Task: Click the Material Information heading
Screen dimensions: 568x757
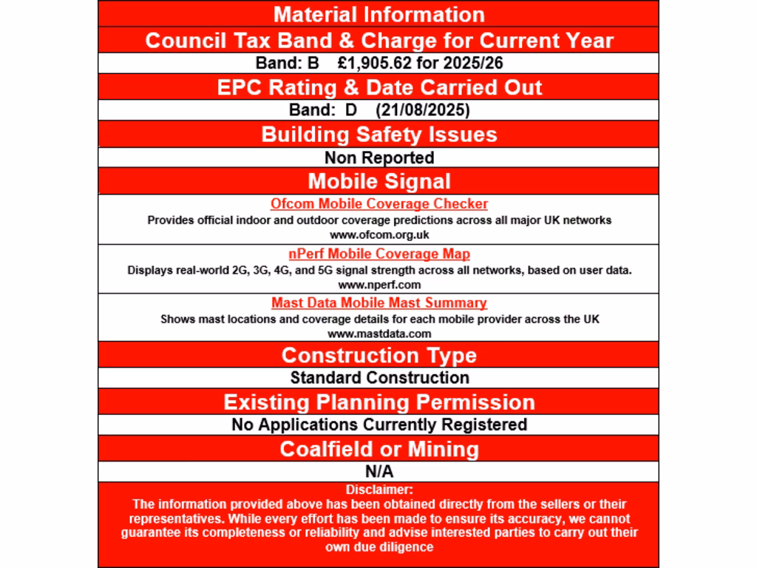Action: pos(378,14)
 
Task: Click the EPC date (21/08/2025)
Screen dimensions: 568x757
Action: pos(423,110)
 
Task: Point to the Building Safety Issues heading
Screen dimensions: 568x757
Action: pos(378,135)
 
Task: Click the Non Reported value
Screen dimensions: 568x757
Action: pos(378,158)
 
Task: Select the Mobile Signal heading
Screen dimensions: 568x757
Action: pos(378,181)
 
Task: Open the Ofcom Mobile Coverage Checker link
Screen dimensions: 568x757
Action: pos(378,204)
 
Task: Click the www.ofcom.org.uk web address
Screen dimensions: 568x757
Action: pos(378,234)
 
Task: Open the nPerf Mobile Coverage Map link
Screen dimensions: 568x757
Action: pos(378,254)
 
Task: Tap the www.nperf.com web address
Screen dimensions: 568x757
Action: pos(378,284)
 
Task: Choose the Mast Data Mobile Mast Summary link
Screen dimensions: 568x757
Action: pos(378,303)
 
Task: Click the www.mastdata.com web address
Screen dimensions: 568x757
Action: pos(378,334)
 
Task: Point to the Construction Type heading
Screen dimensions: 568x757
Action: pos(378,355)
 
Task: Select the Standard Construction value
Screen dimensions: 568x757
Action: pos(378,378)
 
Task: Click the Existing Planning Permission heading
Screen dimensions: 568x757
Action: pos(378,402)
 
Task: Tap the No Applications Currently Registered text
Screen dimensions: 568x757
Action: pos(378,425)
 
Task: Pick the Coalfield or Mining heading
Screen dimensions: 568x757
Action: pos(378,449)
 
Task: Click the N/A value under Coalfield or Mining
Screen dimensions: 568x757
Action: pos(378,471)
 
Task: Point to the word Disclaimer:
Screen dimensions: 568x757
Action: pos(378,490)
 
